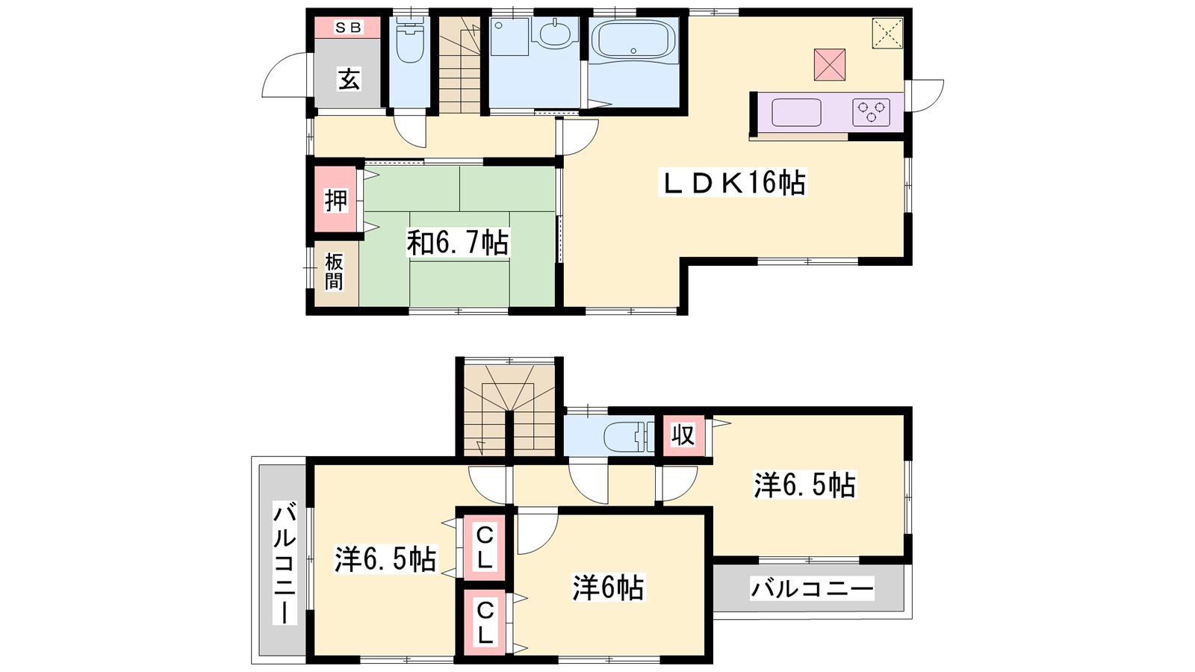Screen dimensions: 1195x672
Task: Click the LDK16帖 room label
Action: tap(733, 182)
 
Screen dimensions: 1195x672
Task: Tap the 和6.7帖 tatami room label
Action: tap(457, 243)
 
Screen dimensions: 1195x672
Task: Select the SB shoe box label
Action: tap(348, 27)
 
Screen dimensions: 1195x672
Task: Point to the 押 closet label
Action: tap(336, 201)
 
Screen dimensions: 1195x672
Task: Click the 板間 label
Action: tap(334, 272)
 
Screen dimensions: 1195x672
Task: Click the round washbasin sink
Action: tap(556, 33)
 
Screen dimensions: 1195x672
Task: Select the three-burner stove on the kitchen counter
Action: tap(871, 113)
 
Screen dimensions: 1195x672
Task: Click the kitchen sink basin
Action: tap(796, 113)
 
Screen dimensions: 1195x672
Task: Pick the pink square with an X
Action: tap(830, 64)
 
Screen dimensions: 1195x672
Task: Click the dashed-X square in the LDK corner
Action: tap(888, 33)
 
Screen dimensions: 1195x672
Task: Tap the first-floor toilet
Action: tap(410, 42)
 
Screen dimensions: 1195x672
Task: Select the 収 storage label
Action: tap(683, 435)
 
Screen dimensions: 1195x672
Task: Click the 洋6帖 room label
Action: tap(608, 587)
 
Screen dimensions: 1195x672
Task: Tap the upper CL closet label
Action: tap(485, 547)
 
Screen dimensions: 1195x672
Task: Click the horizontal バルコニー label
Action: tap(812, 589)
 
